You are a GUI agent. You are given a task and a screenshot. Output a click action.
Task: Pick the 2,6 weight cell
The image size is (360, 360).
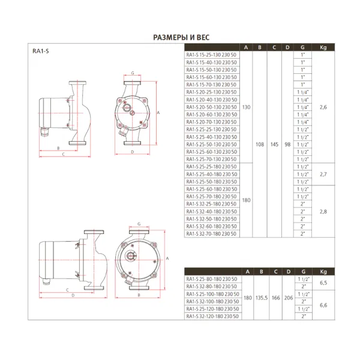click(x=323, y=107)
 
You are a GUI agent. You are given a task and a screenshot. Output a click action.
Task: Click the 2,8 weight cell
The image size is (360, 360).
click(x=323, y=212)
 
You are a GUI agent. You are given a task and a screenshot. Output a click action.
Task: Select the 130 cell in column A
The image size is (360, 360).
click(x=246, y=107)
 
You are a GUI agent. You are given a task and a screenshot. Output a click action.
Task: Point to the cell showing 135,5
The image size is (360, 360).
click(x=260, y=298)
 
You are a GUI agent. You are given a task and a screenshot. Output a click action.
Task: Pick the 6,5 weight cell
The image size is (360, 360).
click(x=323, y=283)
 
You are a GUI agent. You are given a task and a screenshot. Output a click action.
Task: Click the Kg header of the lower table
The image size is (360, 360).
click(x=323, y=271)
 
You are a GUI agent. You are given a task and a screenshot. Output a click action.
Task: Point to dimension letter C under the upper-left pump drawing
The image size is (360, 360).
click(x=62, y=154)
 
